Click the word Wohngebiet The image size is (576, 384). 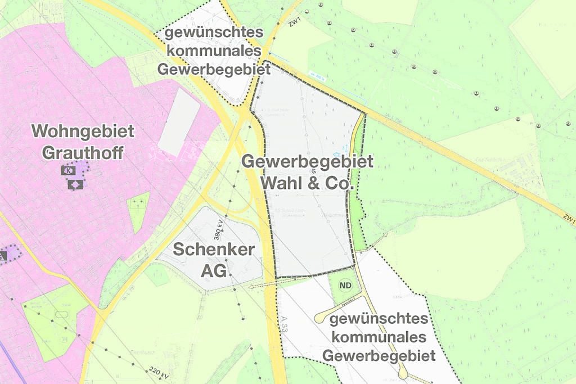[x=83, y=132]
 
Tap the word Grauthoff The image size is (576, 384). [x=83, y=152]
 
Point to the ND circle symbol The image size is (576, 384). [x=345, y=286]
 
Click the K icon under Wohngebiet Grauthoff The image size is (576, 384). [x=70, y=170]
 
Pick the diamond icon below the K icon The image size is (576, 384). [x=75, y=184]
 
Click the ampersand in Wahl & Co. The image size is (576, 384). [x=317, y=183]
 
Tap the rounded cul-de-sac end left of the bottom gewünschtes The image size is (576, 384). [x=320, y=319]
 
